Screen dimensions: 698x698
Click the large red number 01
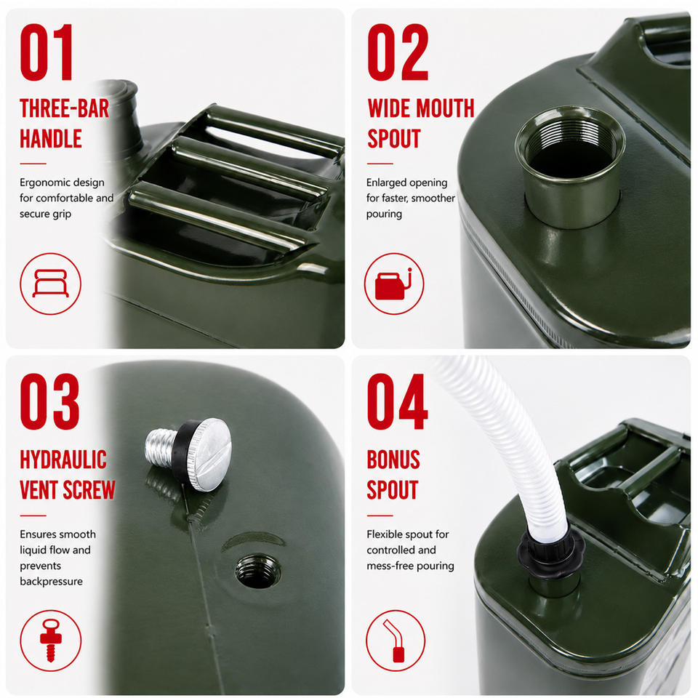[x=47, y=52]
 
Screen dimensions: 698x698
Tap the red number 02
[x=398, y=52]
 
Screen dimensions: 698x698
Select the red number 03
[x=49, y=401]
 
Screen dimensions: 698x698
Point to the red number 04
[x=397, y=401]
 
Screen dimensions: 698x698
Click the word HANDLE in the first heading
[x=51, y=138]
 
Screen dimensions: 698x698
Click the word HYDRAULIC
[x=63, y=460]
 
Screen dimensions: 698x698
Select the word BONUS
[x=393, y=460]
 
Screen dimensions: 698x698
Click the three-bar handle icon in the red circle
[x=50, y=283]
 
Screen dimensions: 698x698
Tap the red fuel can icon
[x=393, y=284]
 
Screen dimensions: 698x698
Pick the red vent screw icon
[x=50, y=641]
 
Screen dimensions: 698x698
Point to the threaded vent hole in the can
[x=257, y=571]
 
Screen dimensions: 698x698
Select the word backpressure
[x=51, y=582]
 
